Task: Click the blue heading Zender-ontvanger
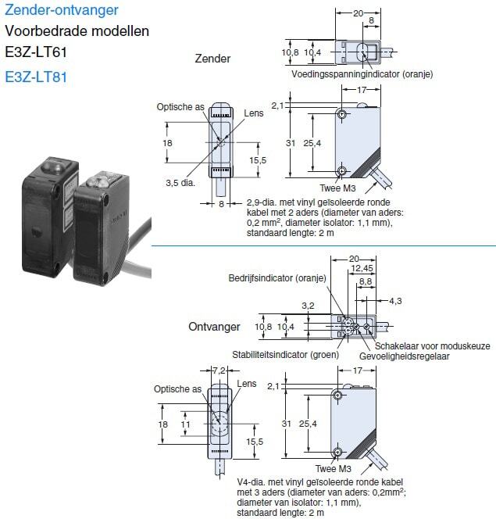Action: (x=62, y=10)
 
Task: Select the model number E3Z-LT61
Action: (x=36, y=52)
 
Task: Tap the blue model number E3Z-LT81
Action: (x=36, y=77)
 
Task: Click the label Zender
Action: (x=212, y=59)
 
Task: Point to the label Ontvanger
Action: (x=214, y=327)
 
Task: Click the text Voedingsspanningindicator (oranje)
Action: (x=362, y=74)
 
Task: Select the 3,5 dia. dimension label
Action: (x=180, y=183)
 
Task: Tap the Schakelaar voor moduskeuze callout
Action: (x=433, y=346)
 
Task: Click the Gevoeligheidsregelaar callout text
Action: (x=405, y=356)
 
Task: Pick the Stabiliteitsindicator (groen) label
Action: (x=286, y=355)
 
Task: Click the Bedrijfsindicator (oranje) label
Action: (x=277, y=278)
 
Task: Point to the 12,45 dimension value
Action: (x=362, y=268)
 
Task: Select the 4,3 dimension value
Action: (x=395, y=301)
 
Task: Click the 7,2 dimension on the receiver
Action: (x=219, y=370)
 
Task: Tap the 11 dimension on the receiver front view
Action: (x=185, y=424)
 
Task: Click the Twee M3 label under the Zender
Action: (x=337, y=188)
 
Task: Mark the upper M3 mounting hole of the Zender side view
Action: (x=342, y=115)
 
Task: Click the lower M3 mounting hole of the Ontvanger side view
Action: (x=337, y=452)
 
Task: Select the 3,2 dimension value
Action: (x=308, y=306)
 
